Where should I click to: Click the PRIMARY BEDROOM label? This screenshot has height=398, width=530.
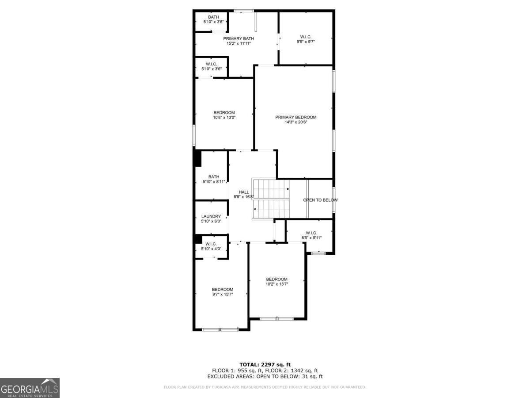[x=296, y=117]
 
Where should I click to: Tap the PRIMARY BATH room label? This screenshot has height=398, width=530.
[x=238, y=38]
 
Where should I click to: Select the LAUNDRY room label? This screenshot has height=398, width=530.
[x=211, y=216]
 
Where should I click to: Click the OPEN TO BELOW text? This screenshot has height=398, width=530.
[x=320, y=200]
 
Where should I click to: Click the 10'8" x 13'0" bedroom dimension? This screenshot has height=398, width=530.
[x=224, y=117]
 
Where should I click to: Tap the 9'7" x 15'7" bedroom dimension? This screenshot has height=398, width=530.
[x=222, y=294]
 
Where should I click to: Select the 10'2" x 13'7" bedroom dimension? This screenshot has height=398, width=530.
[x=276, y=284]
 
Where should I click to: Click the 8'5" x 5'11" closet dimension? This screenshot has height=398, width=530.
[x=311, y=237]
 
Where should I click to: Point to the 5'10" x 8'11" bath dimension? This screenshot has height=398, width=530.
[x=214, y=181]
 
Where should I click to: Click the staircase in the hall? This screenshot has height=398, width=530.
[x=270, y=199]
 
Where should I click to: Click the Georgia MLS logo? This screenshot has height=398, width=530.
[x=30, y=388]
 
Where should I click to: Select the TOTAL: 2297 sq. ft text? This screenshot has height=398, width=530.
[x=265, y=364]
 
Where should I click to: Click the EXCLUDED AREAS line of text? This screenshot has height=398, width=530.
[x=265, y=377]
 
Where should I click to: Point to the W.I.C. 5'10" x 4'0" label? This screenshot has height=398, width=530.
[x=211, y=246]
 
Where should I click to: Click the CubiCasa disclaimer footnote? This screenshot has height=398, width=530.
[x=265, y=387]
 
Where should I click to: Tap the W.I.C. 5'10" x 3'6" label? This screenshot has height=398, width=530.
[x=212, y=66]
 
